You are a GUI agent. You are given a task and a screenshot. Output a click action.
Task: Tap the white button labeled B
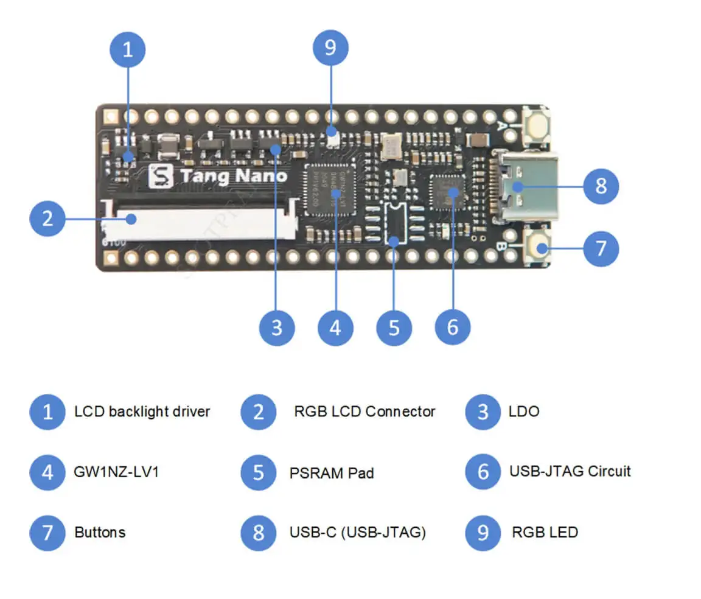pyautogui.click(x=538, y=248)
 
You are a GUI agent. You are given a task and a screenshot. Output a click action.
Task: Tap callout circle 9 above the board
pyautogui.click(x=330, y=48)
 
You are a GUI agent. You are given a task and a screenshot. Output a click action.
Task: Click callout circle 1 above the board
pyautogui.click(x=127, y=49)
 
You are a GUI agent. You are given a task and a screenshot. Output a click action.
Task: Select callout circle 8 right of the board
pyautogui.click(x=601, y=186)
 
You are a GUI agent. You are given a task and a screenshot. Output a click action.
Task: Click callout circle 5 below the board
pyautogui.click(x=394, y=328)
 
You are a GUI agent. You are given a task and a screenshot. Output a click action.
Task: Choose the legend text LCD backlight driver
pyautogui.click(x=142, y=412)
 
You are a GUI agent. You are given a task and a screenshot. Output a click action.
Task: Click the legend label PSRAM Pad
pyautogui.click(x=332, y=473)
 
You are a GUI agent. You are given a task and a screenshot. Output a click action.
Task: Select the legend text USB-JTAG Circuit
pyautogui.click(x=570, y=471)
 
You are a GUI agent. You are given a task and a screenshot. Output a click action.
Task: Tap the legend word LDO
pyautogui.click(x=524, y=412)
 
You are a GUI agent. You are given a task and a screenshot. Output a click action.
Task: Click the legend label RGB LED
pyautogui.click(x=545, y=533)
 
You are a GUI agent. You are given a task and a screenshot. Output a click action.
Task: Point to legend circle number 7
pyautogui.click(x=47, y=533)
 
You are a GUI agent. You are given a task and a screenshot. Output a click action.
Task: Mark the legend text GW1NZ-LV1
pyautogui.click(x=116, y=472)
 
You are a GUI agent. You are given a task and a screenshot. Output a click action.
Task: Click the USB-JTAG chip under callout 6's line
pyautogui.click(x=447, y=190)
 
